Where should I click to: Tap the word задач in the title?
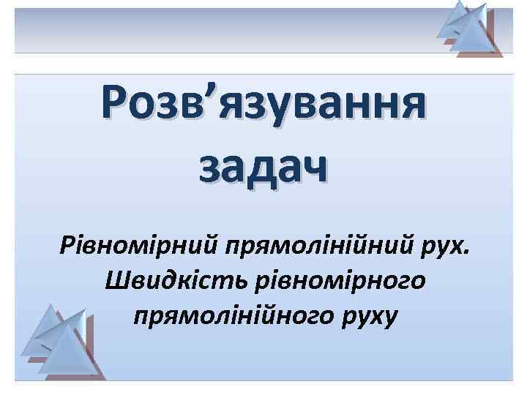point(263,168)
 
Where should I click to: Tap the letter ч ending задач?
point(313,169)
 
